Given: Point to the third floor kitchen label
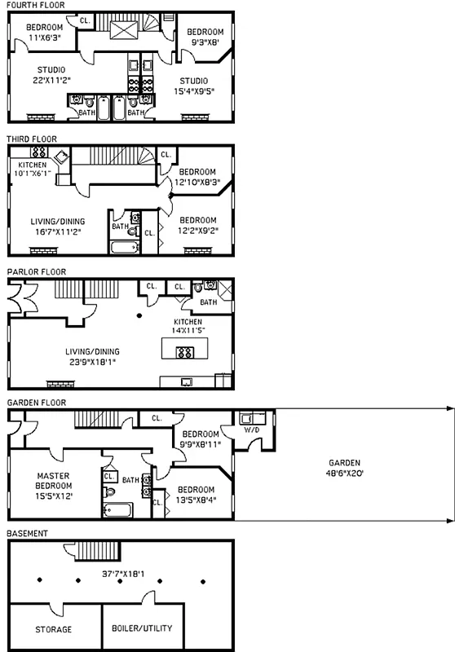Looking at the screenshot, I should [x=33, y=169].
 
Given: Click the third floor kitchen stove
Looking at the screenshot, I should [x=40, y=152].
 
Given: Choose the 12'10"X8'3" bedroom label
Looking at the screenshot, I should [x=197, y=177].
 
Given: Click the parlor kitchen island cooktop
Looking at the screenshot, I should [x=185, y=352].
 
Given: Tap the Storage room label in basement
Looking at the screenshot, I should [x=53, y=629].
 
